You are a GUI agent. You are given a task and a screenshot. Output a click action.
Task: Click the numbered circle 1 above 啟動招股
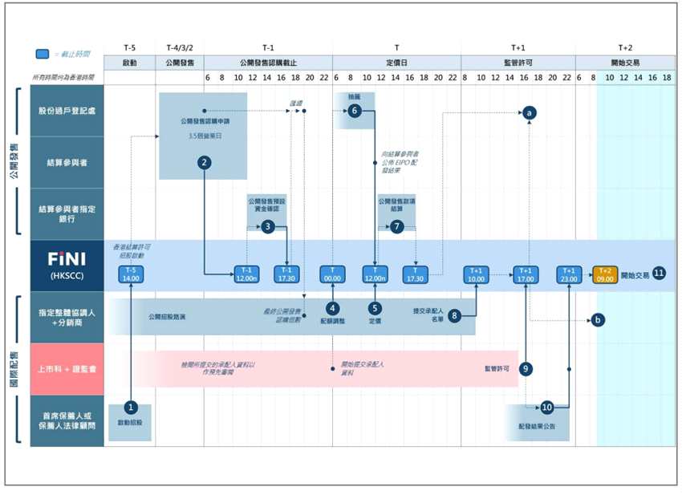131,407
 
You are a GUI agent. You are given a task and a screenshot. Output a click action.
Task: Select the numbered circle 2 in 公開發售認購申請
205,163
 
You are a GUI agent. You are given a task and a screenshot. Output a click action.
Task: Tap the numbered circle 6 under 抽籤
354,112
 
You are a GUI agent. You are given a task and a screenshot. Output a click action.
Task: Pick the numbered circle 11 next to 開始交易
659,272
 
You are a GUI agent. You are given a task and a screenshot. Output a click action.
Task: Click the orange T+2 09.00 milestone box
605,274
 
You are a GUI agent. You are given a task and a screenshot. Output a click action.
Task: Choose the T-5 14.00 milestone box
130,274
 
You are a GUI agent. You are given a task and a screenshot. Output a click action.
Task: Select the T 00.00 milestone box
332,274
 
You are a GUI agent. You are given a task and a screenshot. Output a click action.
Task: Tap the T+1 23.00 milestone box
569,274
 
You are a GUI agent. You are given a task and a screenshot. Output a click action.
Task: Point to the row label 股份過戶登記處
67,111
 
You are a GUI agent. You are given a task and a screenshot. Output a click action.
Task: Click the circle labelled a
529,114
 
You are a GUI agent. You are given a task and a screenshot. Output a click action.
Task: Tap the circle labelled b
597,319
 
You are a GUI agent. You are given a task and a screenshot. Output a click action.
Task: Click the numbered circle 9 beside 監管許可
526,368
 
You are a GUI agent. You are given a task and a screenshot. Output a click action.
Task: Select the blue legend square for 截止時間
43,54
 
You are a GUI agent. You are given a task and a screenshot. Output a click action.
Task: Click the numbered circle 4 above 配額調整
332,307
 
